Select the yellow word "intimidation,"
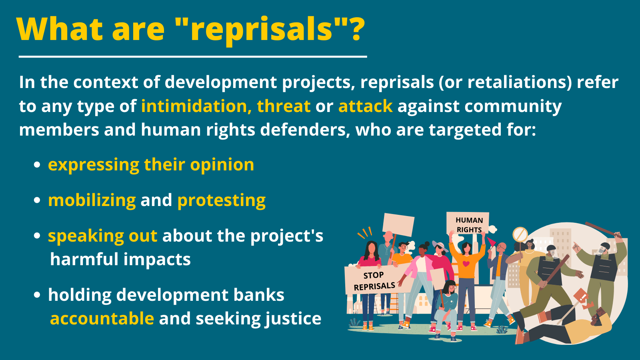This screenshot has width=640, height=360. point(196,106)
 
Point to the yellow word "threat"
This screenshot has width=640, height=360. point(284,106)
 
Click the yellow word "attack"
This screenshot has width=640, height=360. point(366,106)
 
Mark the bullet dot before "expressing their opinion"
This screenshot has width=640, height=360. point(37,165)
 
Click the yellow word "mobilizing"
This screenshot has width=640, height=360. point(92,200)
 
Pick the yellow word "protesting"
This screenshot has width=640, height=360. point(222,200)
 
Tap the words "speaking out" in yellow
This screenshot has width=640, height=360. point(102,236)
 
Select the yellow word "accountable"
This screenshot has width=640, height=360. point(102,318)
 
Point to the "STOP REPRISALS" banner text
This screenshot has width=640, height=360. point(374,281)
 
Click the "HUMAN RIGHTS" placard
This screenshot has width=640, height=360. point(468,224)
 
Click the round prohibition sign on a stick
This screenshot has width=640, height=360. point(520,234)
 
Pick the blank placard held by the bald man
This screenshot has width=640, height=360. point(398,225)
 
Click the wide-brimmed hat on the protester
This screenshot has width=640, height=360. point(440,246)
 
